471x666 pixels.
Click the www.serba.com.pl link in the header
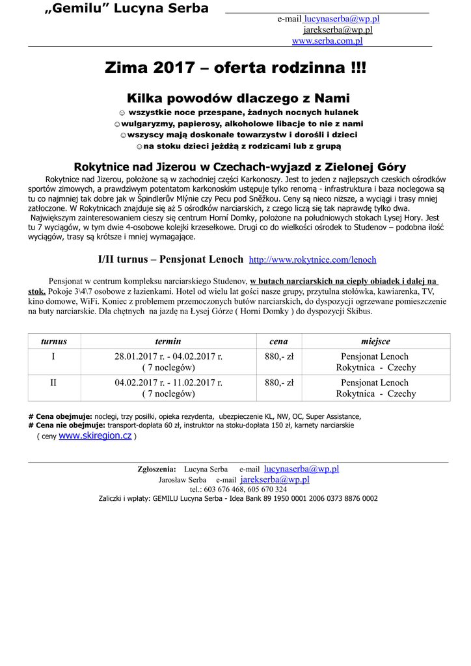tap(327, 41)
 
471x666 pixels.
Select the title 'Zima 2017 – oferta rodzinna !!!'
tap(235, 68)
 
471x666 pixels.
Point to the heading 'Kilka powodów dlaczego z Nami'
tap(235, 100)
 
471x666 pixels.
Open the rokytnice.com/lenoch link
tap(313, 260)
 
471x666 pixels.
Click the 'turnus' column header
tap(53, 341)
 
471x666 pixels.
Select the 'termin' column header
tap(168, 341)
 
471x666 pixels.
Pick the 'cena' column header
tap(278, 341)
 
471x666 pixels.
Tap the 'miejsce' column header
tap(375, 341)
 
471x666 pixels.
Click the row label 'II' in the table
tap(53, 382)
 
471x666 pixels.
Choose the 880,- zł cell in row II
tap(278, 382)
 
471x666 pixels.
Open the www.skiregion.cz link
tap(95, 436)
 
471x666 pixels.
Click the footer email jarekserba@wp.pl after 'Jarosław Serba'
tap(275, 479)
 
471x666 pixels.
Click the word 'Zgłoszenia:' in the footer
tap(157, 469)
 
